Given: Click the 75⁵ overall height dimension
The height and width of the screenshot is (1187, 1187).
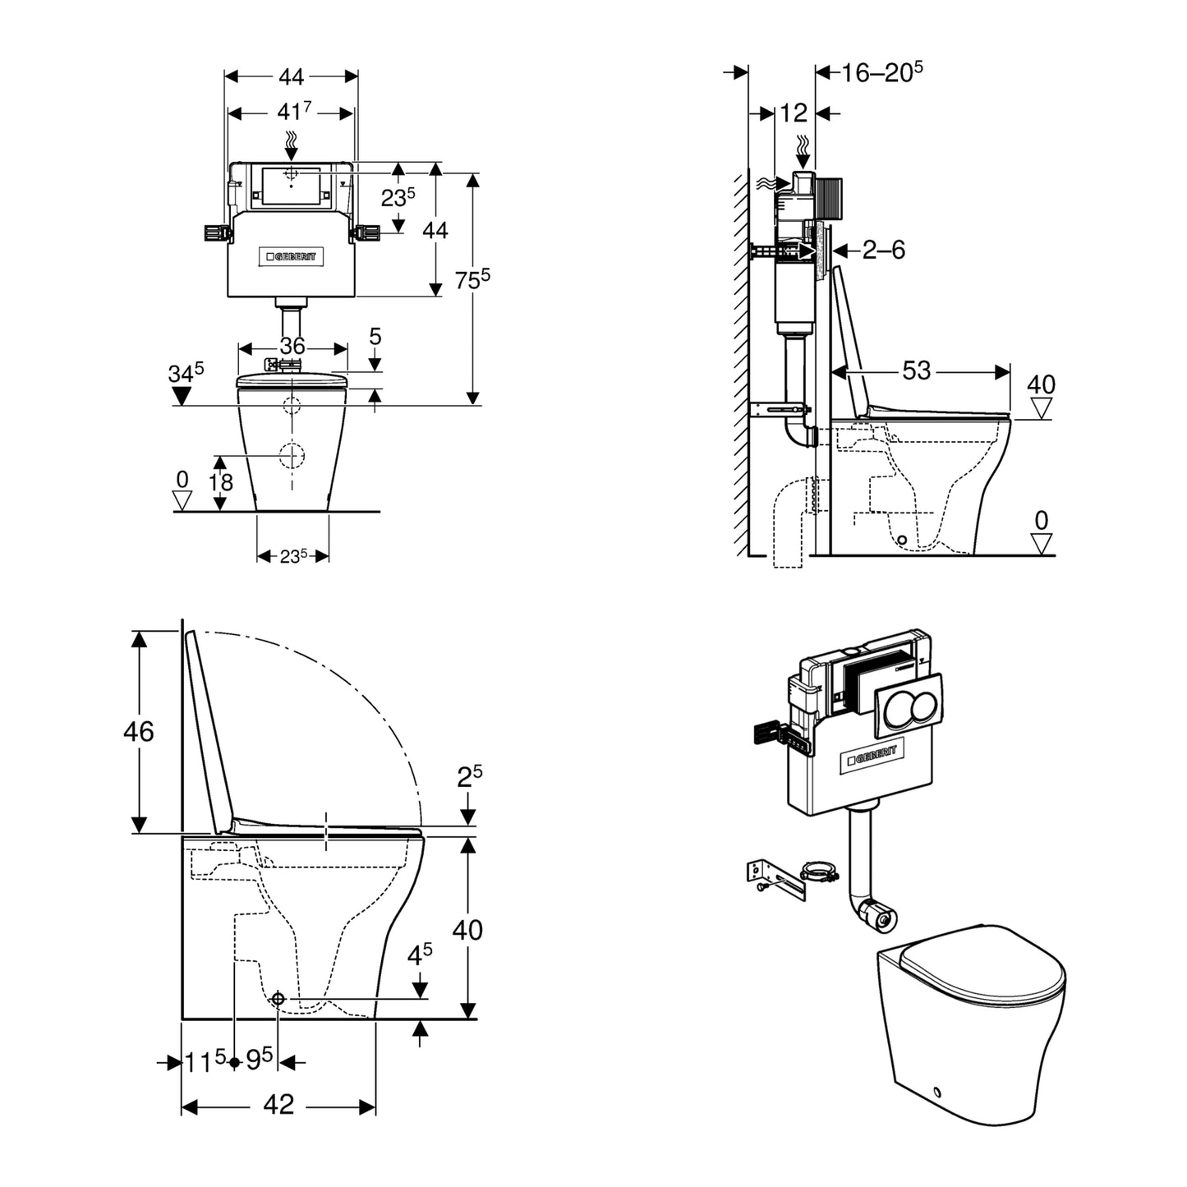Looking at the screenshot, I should pos(472,279).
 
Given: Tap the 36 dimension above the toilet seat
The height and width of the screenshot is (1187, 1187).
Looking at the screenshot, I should pos(292,347).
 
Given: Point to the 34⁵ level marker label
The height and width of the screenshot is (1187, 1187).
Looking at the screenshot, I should pos(186,374).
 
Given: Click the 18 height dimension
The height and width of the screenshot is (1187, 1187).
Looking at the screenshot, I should pos(220,481).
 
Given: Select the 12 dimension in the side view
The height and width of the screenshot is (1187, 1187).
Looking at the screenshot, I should pos(794,113).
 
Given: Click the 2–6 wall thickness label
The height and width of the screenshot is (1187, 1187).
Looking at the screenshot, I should pos(883,250).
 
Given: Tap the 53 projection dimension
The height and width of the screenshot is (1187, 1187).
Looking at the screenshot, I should pos(916,371).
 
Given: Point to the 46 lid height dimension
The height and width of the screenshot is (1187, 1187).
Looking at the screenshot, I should pos(138,730).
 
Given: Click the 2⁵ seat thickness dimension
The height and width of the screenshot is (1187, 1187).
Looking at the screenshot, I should pos(469,776).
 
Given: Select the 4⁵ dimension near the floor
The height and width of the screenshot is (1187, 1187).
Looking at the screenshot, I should pos(420,955).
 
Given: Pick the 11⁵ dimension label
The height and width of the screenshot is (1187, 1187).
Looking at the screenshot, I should pos(205,1062).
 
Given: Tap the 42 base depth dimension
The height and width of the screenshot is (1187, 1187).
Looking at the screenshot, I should pos(278,1106).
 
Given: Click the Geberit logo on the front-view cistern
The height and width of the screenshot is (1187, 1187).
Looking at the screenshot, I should pos(292,257).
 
